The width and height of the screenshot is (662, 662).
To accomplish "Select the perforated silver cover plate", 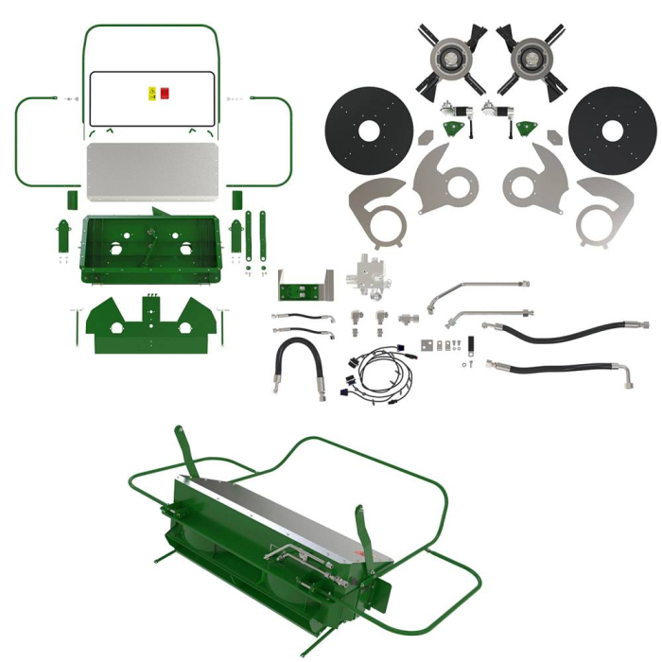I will coord(155,172).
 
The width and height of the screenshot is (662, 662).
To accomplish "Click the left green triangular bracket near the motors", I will coord(456,131).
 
